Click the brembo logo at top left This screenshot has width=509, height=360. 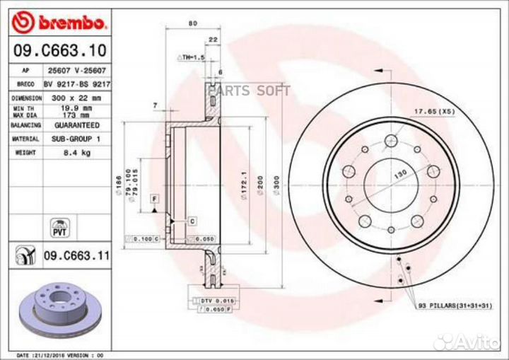click(x=59, y=23)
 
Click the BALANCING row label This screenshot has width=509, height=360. click(x=25, y=123)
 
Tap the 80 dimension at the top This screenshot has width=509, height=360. click(x=192, y=23)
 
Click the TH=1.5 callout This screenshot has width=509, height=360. click(x=190, y=56)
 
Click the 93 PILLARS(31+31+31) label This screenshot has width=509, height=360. click(x=455, y=305)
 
